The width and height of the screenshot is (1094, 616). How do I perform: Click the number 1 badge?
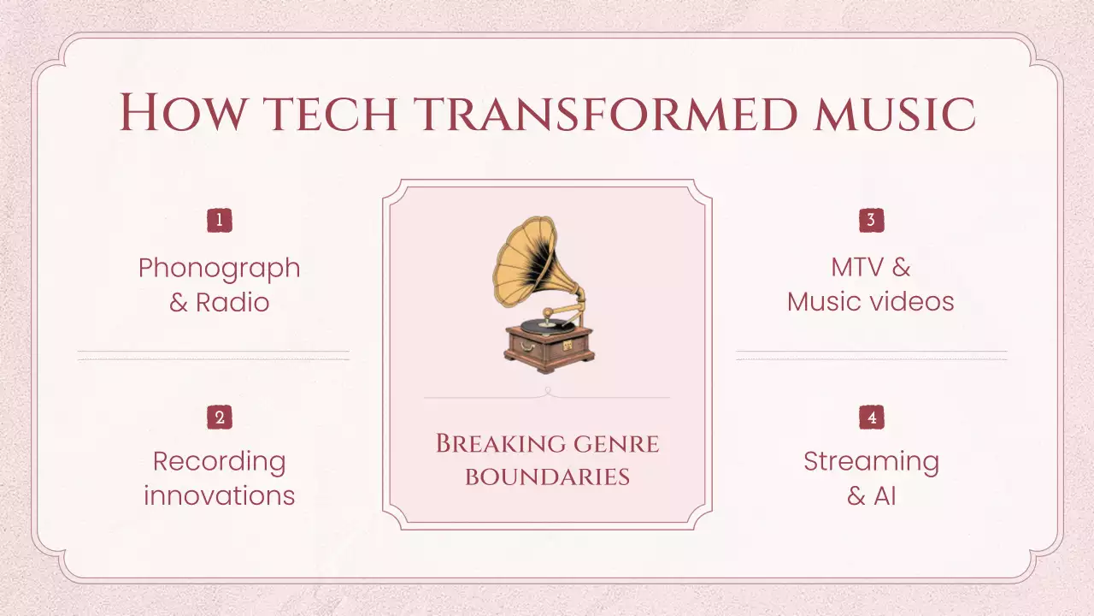coord(220,221)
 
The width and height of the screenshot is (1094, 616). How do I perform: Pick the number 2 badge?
coord(220,418)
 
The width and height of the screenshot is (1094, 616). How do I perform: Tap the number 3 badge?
coord(871,221)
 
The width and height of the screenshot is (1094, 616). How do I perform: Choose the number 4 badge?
coord(871,418)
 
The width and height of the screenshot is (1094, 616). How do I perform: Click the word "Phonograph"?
coord(220,268)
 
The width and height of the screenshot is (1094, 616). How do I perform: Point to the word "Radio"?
coord(232,302)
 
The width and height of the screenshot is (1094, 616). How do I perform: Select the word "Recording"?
coord(220,461)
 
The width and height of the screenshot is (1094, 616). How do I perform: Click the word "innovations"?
coord(220,495)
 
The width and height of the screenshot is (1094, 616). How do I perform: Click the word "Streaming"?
coord(871,461)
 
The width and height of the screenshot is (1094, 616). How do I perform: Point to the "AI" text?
coord(885,495)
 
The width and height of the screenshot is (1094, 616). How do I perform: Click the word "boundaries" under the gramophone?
coord(547,477)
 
